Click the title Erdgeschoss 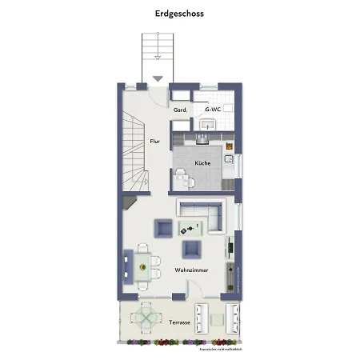click(x=179, y=14)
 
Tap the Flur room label click(x=154, y=142)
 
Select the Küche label click(x=202, y=163)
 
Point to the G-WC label click(x=213, y=110)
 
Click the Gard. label click(x=181, y=110)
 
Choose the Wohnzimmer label click(x=192, y=270)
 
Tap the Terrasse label click(x=179, y=322)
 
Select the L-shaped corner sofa click(x=204, y=214)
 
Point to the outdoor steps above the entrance click(x=158, y=53)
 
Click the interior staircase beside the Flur click(x=133, y=152)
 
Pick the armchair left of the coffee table click(x=163, y=229)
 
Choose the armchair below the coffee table click(x=192, y=250)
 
